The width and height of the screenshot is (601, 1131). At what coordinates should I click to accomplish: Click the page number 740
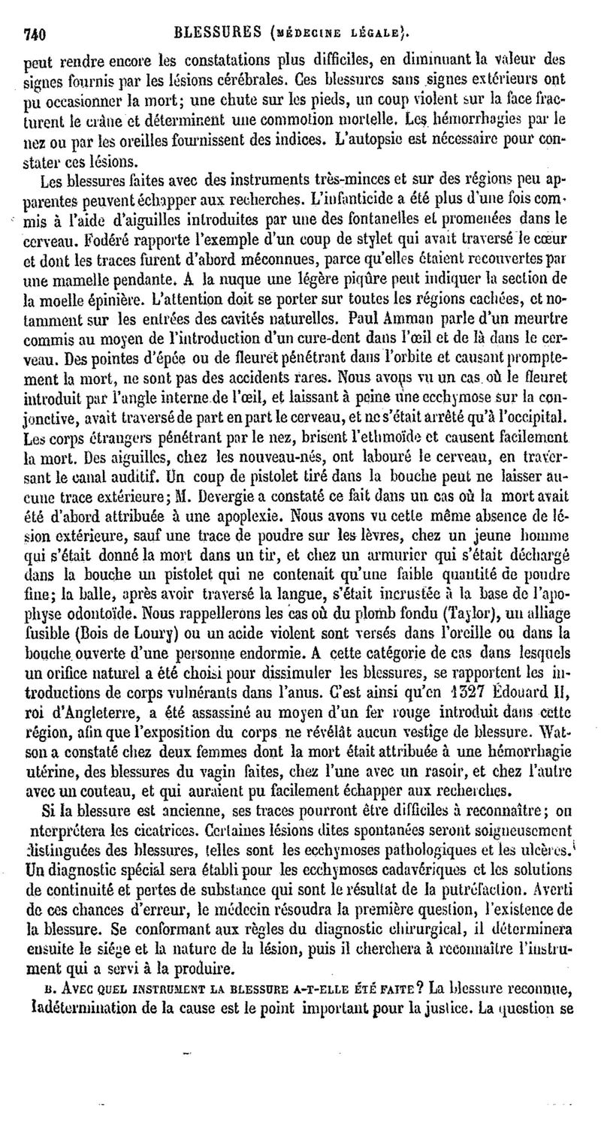coord(35,33)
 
